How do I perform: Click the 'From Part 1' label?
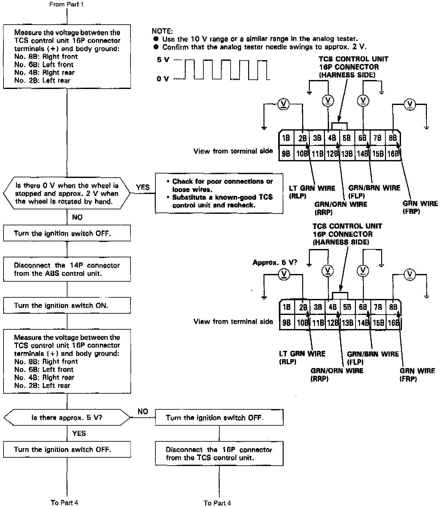click(x=67, y=4)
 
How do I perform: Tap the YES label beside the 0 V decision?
click(x=143, y=187)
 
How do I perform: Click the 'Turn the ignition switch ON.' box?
click(x=67, y=305)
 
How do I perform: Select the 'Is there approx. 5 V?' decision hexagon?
click(x=67, y=418)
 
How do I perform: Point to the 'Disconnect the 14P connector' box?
click(x=67, y=269)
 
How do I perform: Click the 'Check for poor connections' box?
click(x=219, y=193)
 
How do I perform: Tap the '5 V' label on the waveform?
click(x=163, y=60)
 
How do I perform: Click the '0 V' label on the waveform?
click(x=163, y=79)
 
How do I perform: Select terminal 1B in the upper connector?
click(x=286, y=138)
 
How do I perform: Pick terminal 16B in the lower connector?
click(x=393, y=323)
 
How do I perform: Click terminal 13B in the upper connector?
click(x=347, y=154)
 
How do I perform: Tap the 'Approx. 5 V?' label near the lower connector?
click(x=275, y=263)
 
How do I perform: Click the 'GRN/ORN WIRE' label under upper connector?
click(x=341, y=204)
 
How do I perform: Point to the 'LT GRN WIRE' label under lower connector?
click(x=302, y=354)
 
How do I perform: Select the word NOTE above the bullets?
click(x=162, y=31)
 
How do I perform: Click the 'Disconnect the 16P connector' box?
click(x=219, y=454)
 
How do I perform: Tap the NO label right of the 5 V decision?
click(x=143, y=411)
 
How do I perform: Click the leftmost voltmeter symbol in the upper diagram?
click(x=283, y=104)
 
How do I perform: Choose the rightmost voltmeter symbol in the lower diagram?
click(x=410, y=274)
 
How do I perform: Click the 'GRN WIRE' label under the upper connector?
click(x=420, y=203)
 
